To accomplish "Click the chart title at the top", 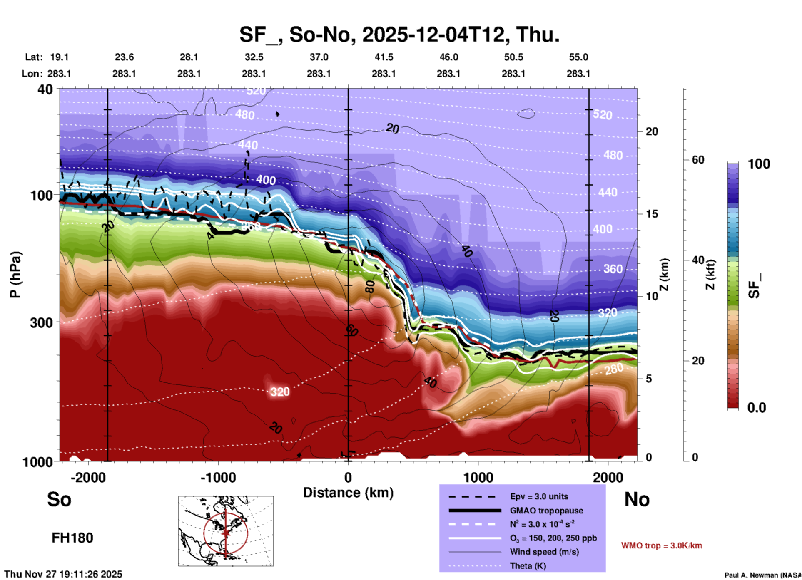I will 399,35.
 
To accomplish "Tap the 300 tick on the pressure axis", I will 42,322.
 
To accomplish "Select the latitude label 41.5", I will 384,57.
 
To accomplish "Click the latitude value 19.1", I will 59,57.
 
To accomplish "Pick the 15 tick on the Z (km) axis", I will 652,214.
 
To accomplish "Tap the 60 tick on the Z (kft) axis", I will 698,160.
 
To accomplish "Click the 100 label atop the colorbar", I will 759,164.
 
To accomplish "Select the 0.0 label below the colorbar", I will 757,408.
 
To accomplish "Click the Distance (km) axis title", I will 348,493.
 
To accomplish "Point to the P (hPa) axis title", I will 15,275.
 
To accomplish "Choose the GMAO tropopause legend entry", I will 546,511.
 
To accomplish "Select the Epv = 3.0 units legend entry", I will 539,496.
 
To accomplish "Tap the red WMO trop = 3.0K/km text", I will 661,545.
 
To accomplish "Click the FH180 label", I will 72,538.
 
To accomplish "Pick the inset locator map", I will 226,531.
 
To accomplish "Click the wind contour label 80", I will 369,286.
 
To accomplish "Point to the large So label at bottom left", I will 59,499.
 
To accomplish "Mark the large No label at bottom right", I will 637,499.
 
